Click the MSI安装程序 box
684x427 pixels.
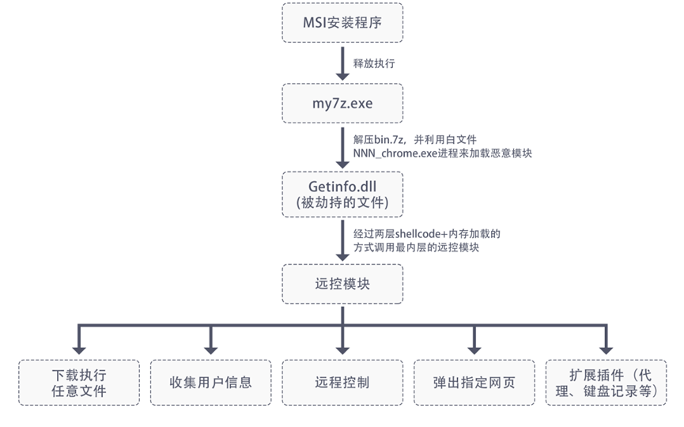tap(342, 22)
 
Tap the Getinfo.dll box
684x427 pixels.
tap(342, 192)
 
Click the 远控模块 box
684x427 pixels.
tap(342, 283)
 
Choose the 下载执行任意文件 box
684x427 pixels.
tap(79, 383)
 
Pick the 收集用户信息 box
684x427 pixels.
tap(211, 383)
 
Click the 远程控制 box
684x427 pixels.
tap(342, 383)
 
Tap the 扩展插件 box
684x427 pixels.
tap(606, 383)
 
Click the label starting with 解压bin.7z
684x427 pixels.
tap(414, 139)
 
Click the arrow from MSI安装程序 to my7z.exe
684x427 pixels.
tap(342, 62)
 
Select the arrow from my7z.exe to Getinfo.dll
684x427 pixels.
tap(342, 146)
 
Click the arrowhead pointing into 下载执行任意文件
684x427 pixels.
tap(79, 348)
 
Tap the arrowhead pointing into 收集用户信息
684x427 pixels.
tap(211, 348)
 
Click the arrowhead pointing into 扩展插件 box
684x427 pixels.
tap(606, 348)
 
